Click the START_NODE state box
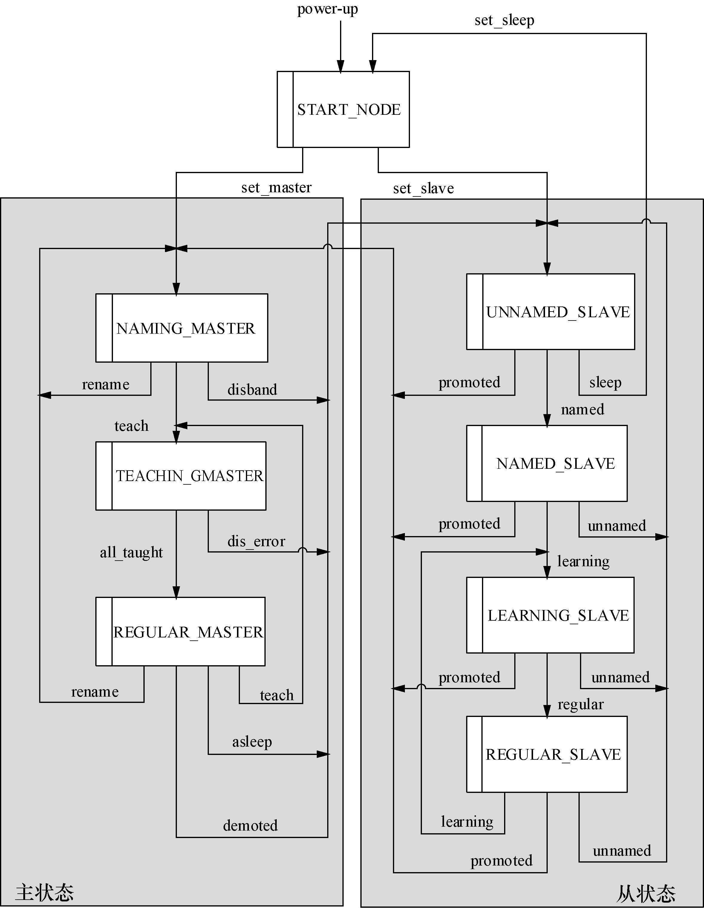tap(343, 109)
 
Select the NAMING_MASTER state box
tap(182, 328)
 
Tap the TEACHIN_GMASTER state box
tap(181, 476)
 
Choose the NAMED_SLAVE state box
tap(547, 463)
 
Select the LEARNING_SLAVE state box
tap(550, 615)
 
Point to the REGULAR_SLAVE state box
tap(547, 754)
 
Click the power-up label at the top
tap(327, 9)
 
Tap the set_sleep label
tap(504, 20)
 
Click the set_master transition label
tap(276, 187)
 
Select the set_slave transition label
tap(423, 188)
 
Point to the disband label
tap(252, 390)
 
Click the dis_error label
tap(256, 541)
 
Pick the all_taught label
tap(131, 552)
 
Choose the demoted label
tap(250, 825)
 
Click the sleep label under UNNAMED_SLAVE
tap(605, 382)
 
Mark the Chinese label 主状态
tap(45, 892)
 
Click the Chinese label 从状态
tap(645, 893)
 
